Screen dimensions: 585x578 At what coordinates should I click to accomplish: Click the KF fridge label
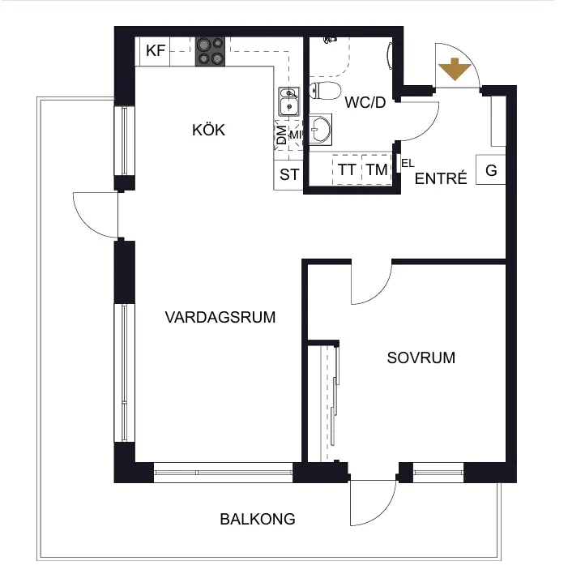[156, 50]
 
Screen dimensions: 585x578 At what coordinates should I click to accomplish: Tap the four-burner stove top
[210, 52]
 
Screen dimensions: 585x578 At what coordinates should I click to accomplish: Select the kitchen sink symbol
[288, 101]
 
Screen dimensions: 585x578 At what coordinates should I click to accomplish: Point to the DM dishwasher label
[282, 135]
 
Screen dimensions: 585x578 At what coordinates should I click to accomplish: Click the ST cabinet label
[289, 174]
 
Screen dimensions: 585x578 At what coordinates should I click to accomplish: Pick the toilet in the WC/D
[325, 90]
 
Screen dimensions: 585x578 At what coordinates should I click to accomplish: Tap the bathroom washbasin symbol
[320, 130]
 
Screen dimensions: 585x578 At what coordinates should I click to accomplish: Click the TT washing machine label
[347, 170]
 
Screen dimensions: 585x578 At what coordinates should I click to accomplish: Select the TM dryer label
[377, 170]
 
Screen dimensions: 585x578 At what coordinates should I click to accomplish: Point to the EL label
[408, 163]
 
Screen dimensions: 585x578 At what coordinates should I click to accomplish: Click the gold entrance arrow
[454, 69]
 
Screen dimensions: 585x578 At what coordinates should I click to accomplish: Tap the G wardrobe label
[491, 170]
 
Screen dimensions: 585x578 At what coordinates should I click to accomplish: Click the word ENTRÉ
[441, 178]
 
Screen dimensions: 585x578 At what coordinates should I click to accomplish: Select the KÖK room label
[208, 130]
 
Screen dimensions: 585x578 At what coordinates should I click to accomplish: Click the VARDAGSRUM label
[220, 317]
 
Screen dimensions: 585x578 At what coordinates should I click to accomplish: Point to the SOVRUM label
[421, 358]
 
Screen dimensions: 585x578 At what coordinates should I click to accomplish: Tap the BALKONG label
[258, 519]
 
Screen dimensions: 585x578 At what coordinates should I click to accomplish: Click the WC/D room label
[365, 102]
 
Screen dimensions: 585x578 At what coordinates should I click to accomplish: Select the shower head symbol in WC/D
[330, 40]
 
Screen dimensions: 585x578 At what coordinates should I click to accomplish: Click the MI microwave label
[296, 135]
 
